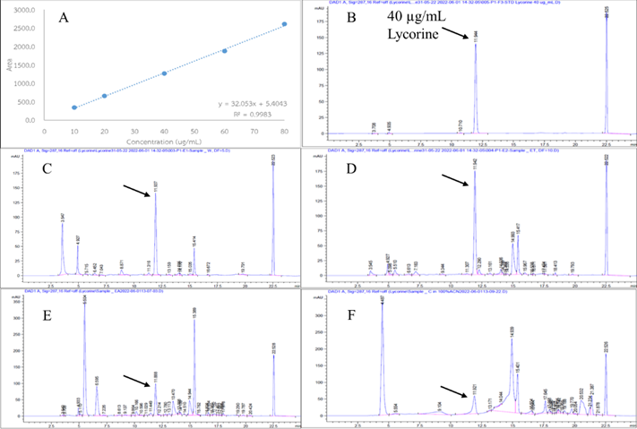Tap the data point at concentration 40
(164, 73)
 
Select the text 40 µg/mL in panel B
(410, 18)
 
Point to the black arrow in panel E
(134, 381)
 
